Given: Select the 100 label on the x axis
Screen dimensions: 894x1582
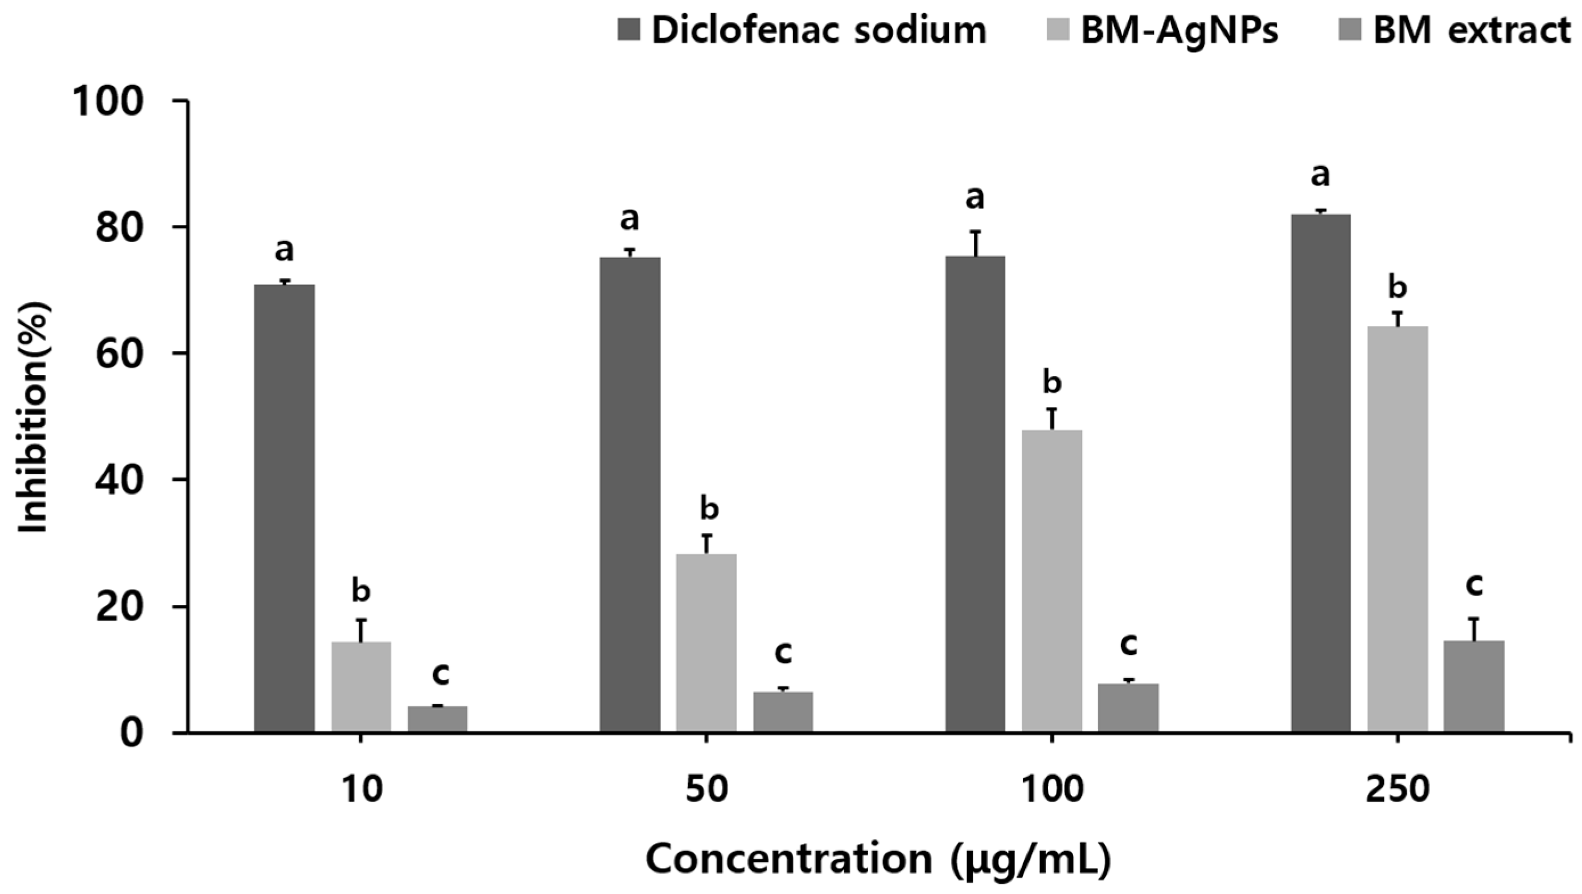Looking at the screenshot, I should (1052, 790).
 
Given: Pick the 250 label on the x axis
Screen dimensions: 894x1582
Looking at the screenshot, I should (1398, 790).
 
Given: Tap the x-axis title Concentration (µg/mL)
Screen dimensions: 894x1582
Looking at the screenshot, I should (878, 860).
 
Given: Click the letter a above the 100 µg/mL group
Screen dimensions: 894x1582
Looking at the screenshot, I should (975, 197).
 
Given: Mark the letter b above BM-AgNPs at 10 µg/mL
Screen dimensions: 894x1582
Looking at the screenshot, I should (361, 591).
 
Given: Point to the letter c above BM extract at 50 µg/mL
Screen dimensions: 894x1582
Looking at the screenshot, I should (783, 653).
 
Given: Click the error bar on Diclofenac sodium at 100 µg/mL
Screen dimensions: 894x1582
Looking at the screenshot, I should (975, 242).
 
